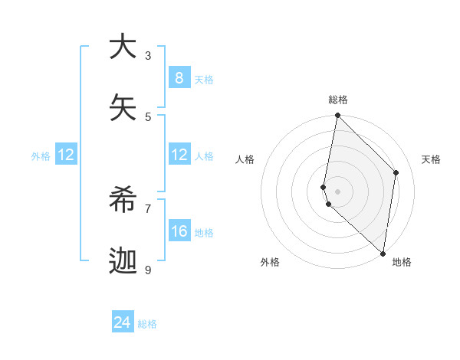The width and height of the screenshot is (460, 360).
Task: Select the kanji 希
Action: click(x=123, y=201)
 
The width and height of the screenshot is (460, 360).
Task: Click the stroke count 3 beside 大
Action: click(x=148, y=56)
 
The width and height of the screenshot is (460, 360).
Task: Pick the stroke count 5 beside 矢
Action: click(x=148, y=116)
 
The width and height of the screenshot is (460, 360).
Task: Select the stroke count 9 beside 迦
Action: click(x=148, y=270)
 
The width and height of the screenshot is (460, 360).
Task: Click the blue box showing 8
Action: click(x=179, y=77)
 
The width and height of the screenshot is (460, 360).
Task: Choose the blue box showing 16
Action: click(x=179, y=231)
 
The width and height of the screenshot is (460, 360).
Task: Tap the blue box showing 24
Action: click(x=123, y=322)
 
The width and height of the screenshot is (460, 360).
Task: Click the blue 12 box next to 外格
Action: click(x=66, y=155)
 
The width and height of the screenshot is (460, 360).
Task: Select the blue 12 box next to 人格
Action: click(x=179, y=155)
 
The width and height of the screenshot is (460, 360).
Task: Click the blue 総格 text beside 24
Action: click(x=147, y=324)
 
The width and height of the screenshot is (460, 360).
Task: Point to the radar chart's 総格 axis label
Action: click(x=338, y=100)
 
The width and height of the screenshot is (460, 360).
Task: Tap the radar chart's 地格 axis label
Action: click(x=402, y=262)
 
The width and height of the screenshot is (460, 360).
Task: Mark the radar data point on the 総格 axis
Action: click(x=337, y=116)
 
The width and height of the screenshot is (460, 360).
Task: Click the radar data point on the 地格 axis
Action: click(x=383, y=253)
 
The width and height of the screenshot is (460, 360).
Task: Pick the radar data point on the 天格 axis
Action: click(x=396, y=172)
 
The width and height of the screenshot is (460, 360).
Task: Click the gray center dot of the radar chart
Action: click(x=337, y=191)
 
